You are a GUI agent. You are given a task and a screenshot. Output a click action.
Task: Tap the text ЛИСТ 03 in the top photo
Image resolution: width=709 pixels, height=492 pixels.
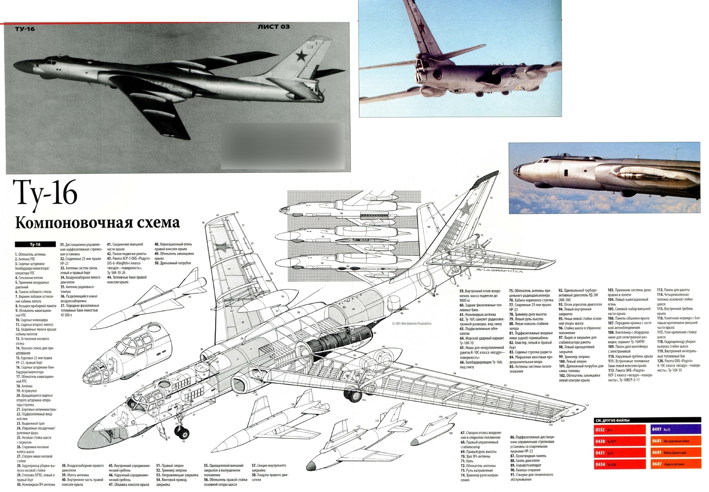(274, 27)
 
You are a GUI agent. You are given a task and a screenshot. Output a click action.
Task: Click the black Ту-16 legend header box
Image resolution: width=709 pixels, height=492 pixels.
(35, 244)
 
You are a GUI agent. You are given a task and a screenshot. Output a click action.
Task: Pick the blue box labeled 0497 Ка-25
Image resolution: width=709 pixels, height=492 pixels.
(676, 429)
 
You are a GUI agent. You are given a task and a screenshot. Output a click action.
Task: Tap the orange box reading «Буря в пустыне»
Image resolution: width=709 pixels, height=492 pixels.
(676, 464)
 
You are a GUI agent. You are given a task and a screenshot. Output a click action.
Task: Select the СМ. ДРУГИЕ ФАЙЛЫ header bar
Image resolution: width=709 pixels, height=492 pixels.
(647, 420)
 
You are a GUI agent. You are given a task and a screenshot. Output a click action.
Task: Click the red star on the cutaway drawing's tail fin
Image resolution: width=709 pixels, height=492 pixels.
(465, 209)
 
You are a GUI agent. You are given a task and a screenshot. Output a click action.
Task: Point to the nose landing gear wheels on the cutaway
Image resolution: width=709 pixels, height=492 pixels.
(182, 431)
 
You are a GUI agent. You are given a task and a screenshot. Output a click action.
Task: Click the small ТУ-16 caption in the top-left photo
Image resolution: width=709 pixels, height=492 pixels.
(25, 29)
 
